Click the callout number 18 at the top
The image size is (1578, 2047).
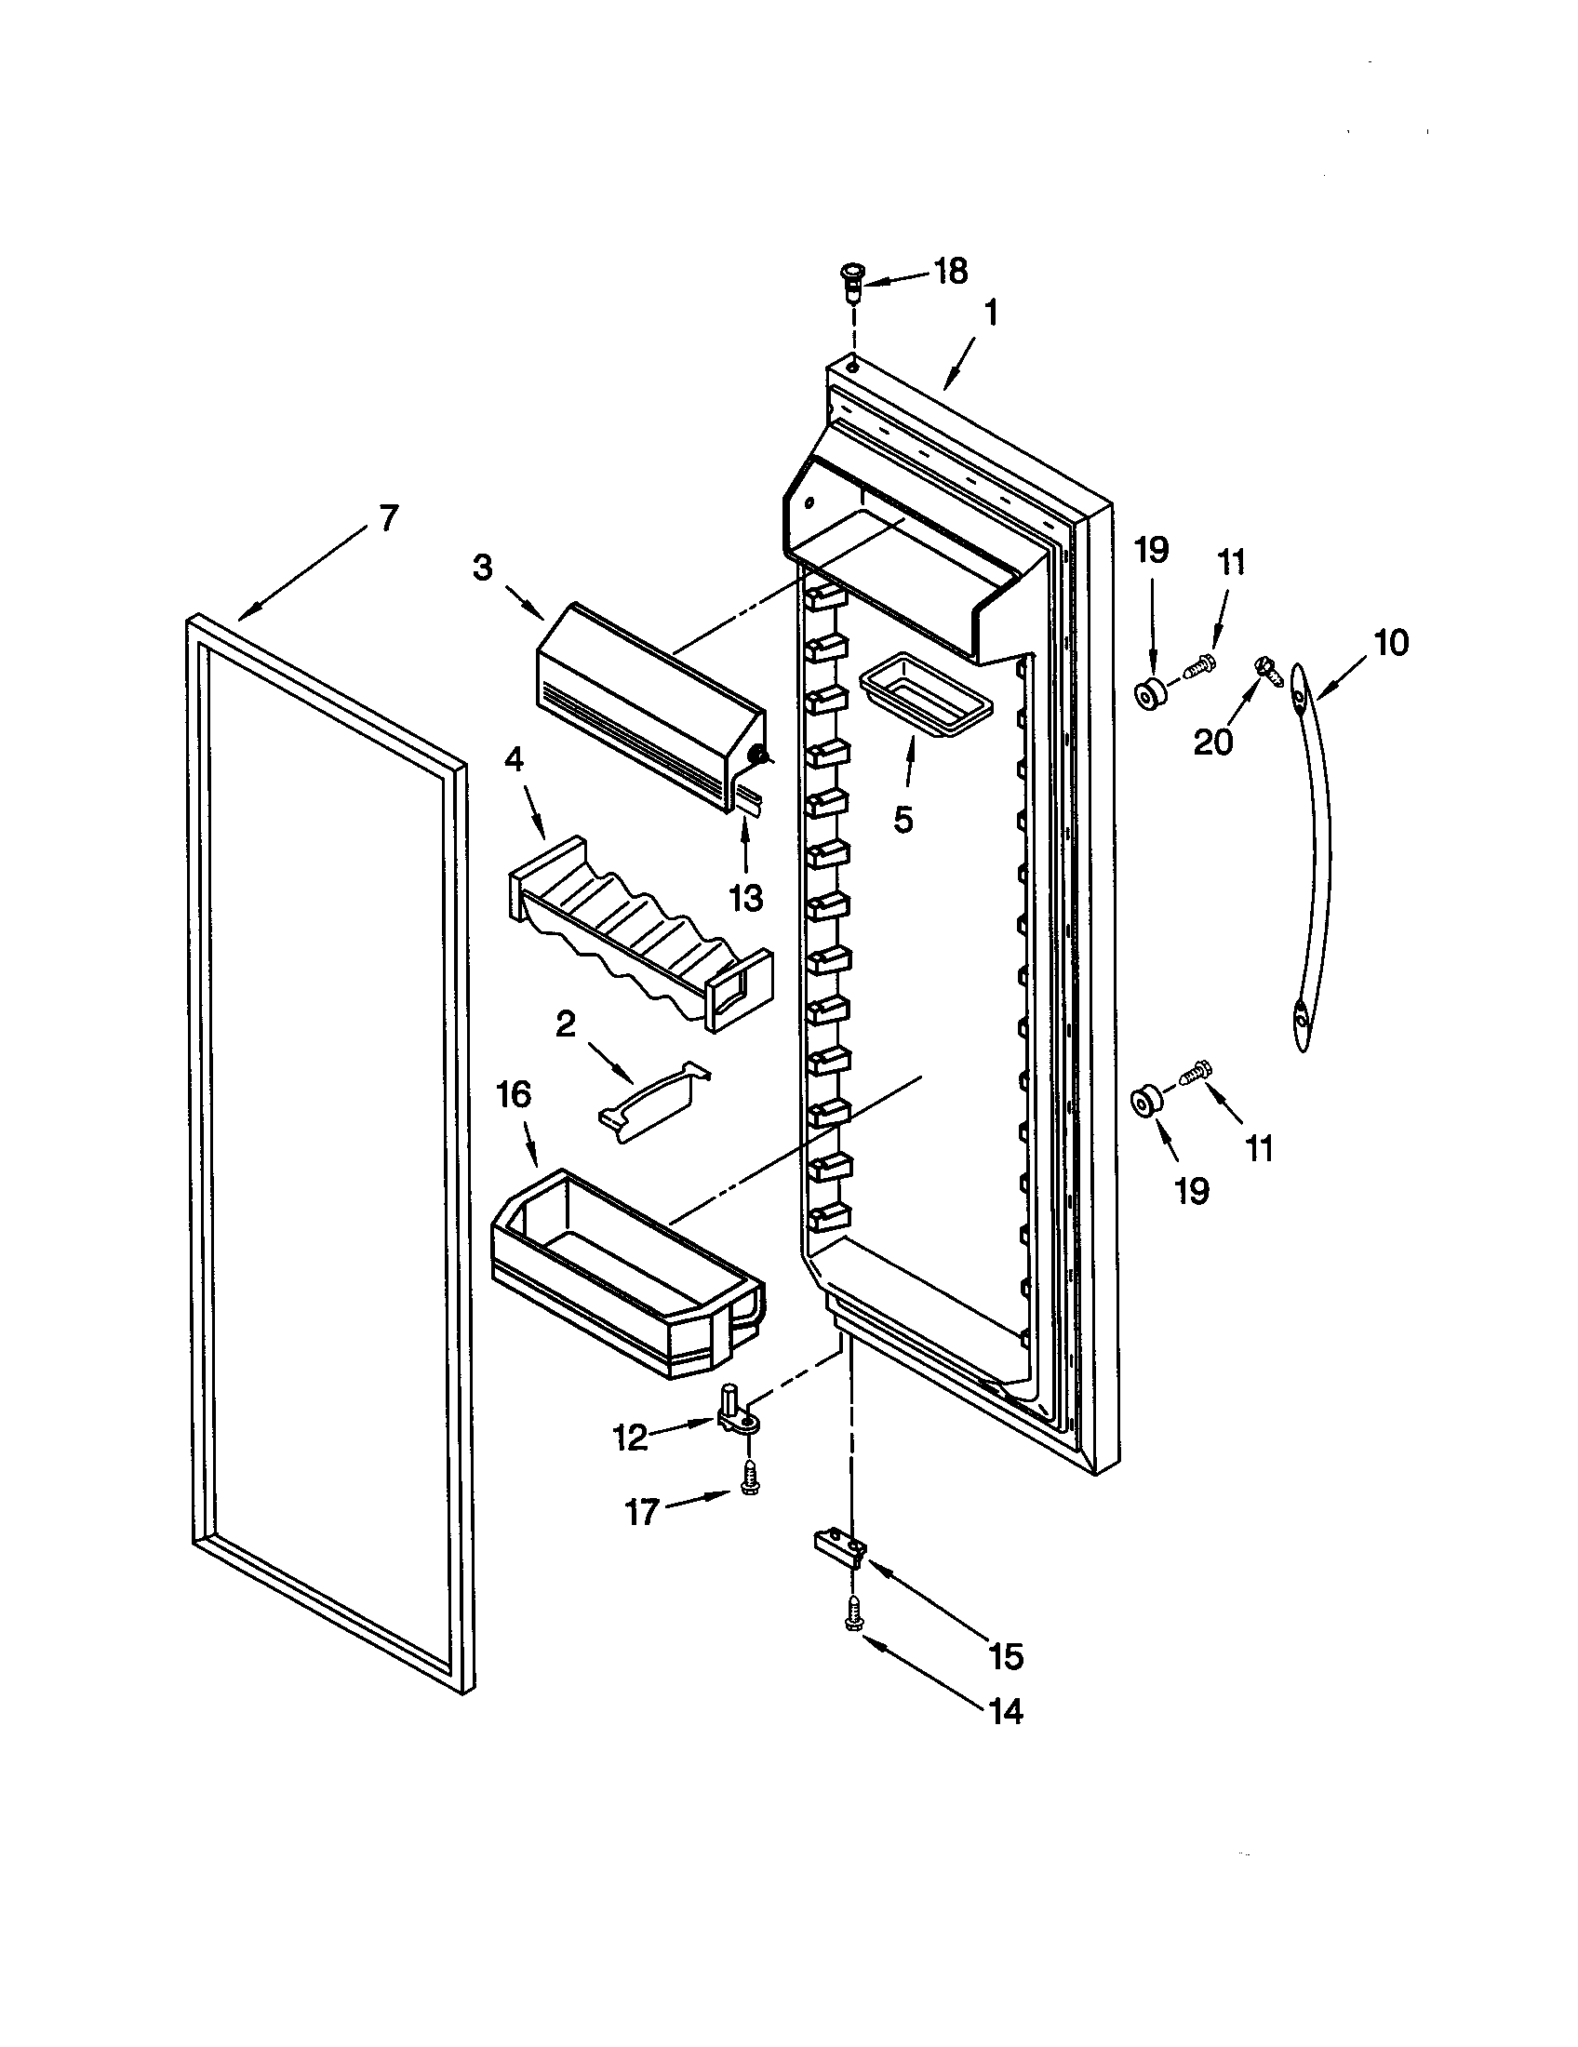click(950, 272)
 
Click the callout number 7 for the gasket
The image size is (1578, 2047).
click(388, 518)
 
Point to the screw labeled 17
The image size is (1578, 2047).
click(749, 1479)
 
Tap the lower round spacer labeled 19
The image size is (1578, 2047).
click(1144, 1103)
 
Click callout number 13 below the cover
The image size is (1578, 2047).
click(746, 897)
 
